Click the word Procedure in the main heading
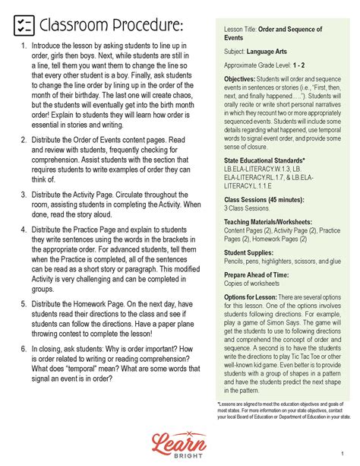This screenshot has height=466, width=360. tap(145, 26)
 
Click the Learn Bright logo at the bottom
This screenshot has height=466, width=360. tap(180, 442)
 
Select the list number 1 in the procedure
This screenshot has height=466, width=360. tap(23, 46)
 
